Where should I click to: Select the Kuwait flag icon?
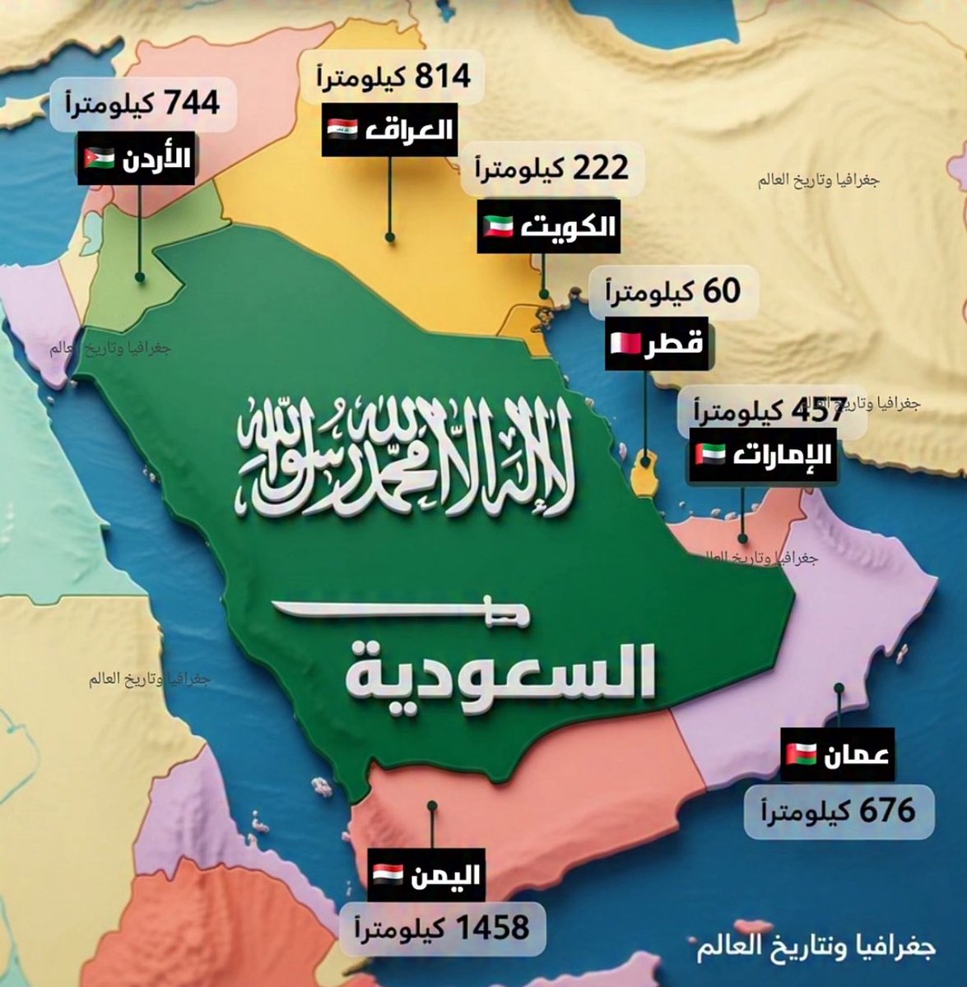click(x=496, y=225)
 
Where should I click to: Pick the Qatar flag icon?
click(x=621, y=342)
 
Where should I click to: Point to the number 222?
click(x=598, y=169)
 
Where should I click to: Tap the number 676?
click(x=886, y=810)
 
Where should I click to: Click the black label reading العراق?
click(x=388, y=129)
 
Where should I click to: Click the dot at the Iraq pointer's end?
click(x=390, y=238)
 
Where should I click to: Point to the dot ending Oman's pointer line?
click(x=839, y=687)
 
